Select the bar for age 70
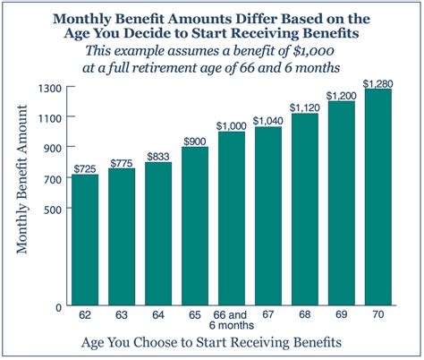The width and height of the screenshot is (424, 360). click(377, 198)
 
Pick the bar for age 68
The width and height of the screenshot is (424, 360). click(304, 210)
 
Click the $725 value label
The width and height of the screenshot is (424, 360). click(85, 167)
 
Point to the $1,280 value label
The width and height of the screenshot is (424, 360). click(377, 83)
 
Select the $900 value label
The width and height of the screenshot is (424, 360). click(195, 141)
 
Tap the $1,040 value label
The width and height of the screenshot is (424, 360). click(268, 121)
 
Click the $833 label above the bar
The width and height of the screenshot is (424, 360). click(158, 155)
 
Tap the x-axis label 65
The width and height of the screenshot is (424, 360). click(195, 316)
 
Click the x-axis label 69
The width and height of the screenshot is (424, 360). click(341, 316)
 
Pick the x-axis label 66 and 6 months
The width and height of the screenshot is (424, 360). click(232, 321)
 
